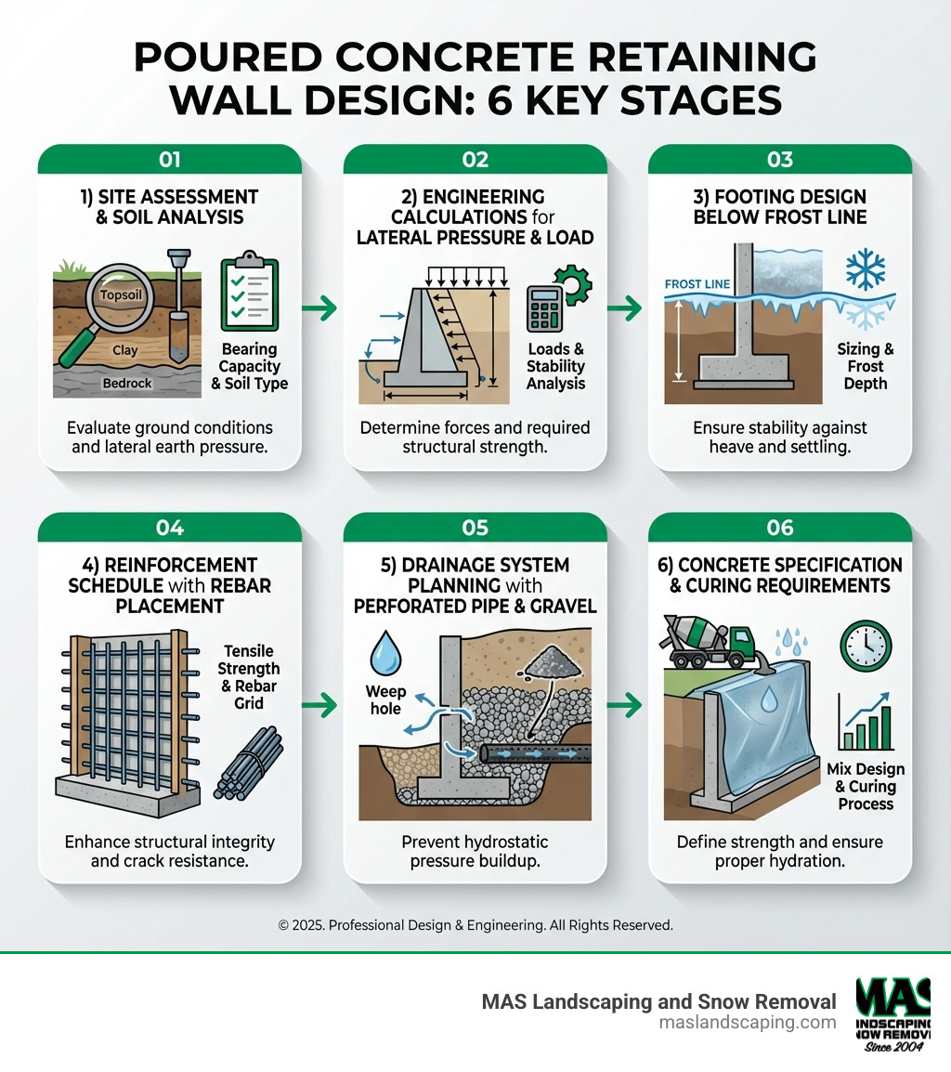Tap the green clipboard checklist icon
click(x=249, y=295)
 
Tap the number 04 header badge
click(x=169, y=528)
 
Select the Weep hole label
click(x=385, y=699)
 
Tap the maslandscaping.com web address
click(x=748, y=1022)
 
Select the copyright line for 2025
click(x=475, y=925)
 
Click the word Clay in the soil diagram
click(x=124, y=351)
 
